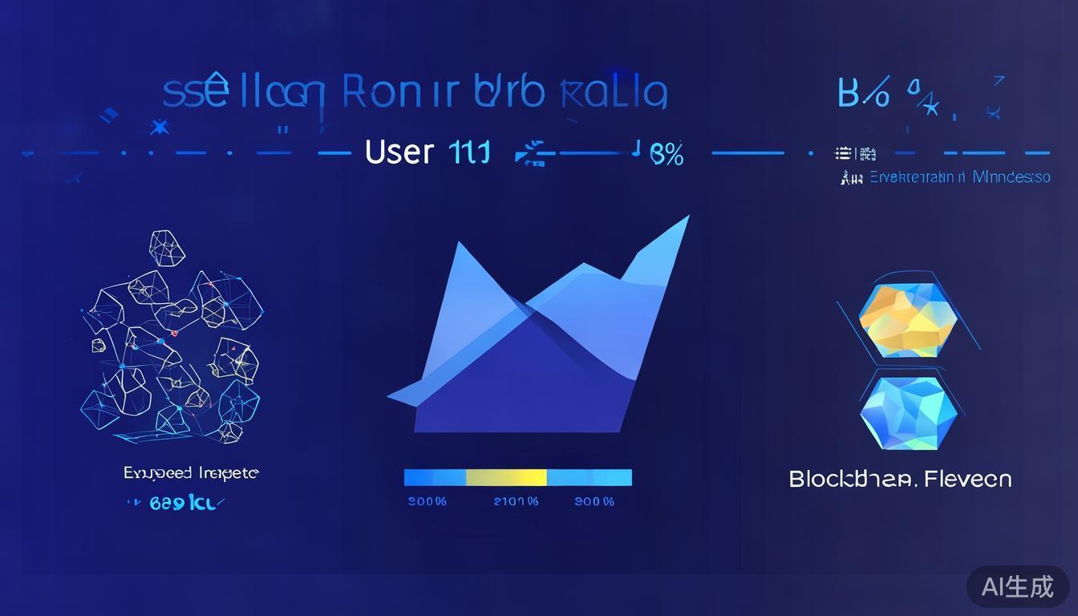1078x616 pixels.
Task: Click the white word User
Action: point(399,152)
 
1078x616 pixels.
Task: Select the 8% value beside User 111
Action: point(666,154)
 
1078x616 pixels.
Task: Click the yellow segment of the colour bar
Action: point(506,478)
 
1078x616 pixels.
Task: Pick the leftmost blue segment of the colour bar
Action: point(434,478)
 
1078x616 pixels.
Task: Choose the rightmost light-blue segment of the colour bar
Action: point(590,478)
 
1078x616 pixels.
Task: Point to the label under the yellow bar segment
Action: point(516,502)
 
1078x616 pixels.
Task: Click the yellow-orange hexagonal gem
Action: point(909,321)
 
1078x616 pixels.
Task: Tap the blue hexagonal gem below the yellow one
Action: point(909,414)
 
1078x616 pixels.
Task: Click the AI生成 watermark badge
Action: point(1017,587)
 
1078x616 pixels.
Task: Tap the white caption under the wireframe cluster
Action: point(191,473)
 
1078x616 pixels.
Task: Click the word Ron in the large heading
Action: point(371,93)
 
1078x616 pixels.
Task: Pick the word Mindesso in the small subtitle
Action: point(1011,177)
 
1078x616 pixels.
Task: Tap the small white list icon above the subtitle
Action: point(842,152)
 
